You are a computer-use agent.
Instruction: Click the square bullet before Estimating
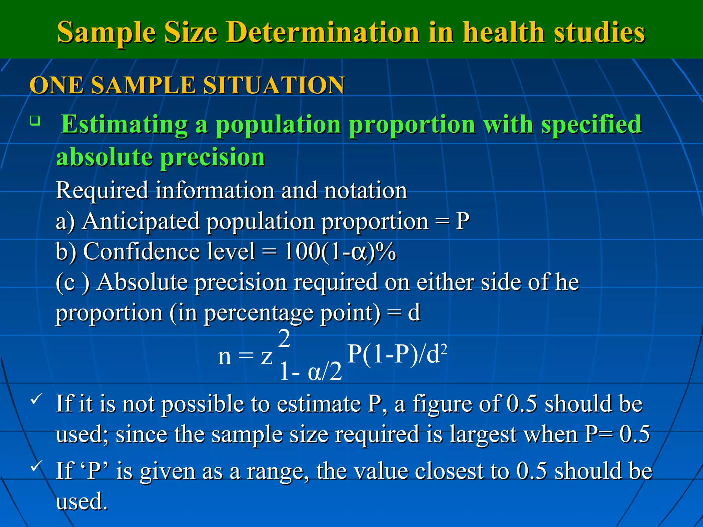point(35,121)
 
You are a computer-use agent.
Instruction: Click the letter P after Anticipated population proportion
point(462,221)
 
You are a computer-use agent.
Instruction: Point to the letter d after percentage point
point(414,313)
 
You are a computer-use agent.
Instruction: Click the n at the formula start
point(224,357)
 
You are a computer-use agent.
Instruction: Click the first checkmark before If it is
point(36,399)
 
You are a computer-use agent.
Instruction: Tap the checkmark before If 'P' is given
point(36,467)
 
